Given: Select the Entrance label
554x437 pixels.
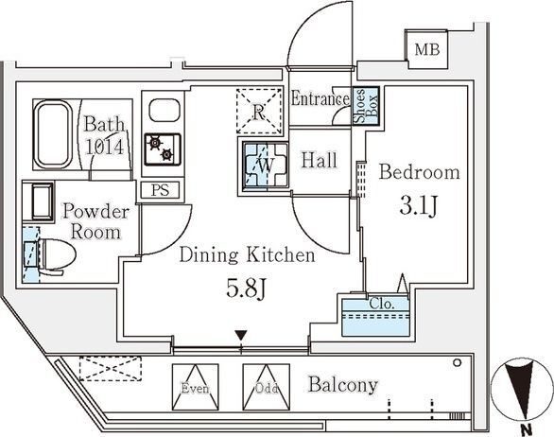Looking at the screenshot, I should (320, 99).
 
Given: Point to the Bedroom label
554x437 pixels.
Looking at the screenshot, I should (419, 172).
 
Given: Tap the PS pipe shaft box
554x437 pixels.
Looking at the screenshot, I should (160, 189).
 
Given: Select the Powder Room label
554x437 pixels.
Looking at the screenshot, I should (92, 221).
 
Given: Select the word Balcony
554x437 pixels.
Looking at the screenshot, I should (342, 385).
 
